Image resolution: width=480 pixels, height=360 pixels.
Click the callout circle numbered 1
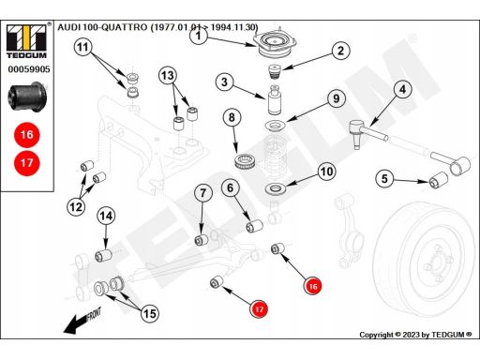199,36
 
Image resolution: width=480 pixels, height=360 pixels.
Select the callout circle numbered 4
402,89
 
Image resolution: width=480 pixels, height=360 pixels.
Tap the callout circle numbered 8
232,117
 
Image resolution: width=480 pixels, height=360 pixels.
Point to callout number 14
106,216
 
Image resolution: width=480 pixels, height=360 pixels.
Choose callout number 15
150,313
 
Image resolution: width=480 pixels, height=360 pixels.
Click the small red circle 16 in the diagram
313,286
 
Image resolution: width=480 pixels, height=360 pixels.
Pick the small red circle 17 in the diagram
259,309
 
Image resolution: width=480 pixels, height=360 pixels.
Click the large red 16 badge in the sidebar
27,135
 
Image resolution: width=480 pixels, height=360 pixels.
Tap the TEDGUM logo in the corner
26,40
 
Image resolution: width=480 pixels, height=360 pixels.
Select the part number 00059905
29,69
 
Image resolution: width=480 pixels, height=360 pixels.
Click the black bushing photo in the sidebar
27,97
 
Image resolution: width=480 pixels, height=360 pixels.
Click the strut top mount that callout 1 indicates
274,44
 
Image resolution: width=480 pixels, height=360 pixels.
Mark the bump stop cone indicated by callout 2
275,72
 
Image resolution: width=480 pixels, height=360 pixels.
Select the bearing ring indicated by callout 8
246,161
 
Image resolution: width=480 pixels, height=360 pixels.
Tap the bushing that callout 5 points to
438,180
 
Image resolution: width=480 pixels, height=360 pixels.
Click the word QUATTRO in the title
125,27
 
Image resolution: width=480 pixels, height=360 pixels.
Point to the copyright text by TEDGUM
415,335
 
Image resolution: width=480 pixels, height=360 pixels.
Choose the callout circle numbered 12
76,206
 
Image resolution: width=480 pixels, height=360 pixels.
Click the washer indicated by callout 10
275,188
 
